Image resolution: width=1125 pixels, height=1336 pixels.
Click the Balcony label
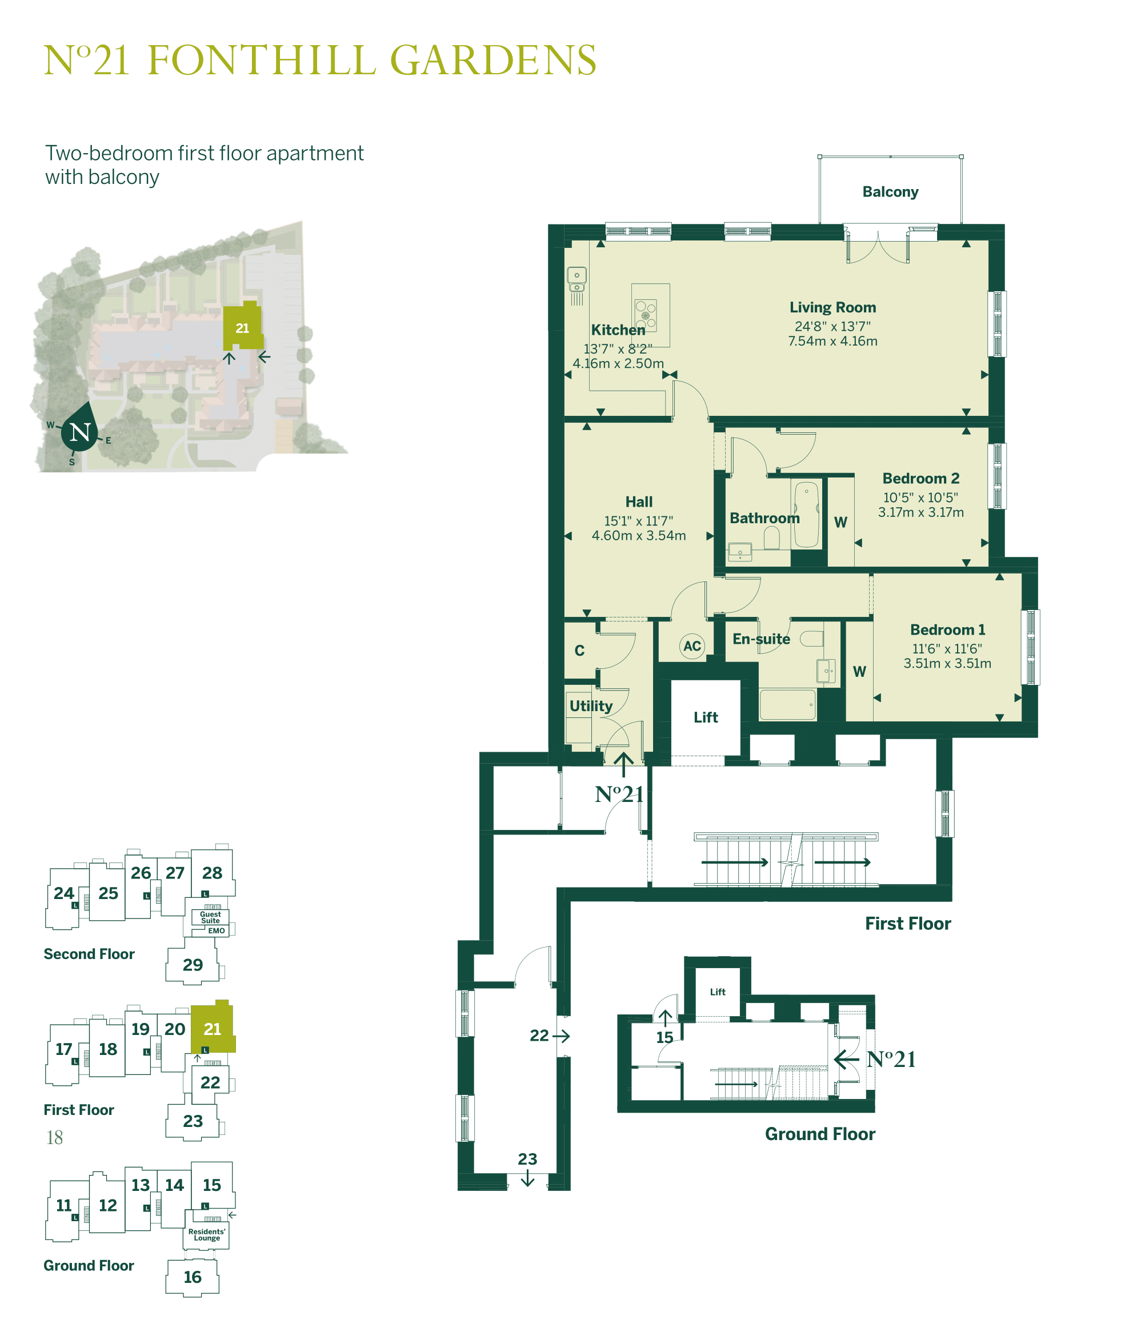coord(890,192)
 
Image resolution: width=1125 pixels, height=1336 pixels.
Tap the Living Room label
coord(832,307)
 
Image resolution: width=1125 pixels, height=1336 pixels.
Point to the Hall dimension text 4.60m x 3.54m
coord(638,535)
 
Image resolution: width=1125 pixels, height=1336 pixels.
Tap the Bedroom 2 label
coord(920,478)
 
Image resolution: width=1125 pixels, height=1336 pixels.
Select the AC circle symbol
coord(691,645)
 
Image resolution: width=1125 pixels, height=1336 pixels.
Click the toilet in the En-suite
coord(812,638)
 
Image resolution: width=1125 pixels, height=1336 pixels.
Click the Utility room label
coord(591,705)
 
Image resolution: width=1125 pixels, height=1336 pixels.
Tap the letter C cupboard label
coord(579,650)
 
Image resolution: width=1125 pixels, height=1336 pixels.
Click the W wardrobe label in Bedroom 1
coord(859,671)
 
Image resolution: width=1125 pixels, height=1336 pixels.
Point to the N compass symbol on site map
coord(80,433)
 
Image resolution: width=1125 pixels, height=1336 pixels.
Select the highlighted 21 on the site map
coord(242,328)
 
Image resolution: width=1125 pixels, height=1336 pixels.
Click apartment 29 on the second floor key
coord(193,964)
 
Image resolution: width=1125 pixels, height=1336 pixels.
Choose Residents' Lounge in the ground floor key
coord(207,1235)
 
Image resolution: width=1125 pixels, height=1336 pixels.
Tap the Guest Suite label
coord(210,917)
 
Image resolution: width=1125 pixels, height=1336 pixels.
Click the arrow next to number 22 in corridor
coord(561,1036)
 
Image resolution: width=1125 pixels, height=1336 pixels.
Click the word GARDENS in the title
coord(493,61)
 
